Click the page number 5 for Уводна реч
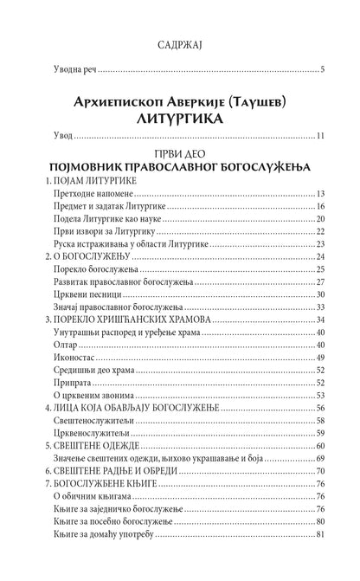click(x=321, y=69)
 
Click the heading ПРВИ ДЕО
click(x=180, y=159)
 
